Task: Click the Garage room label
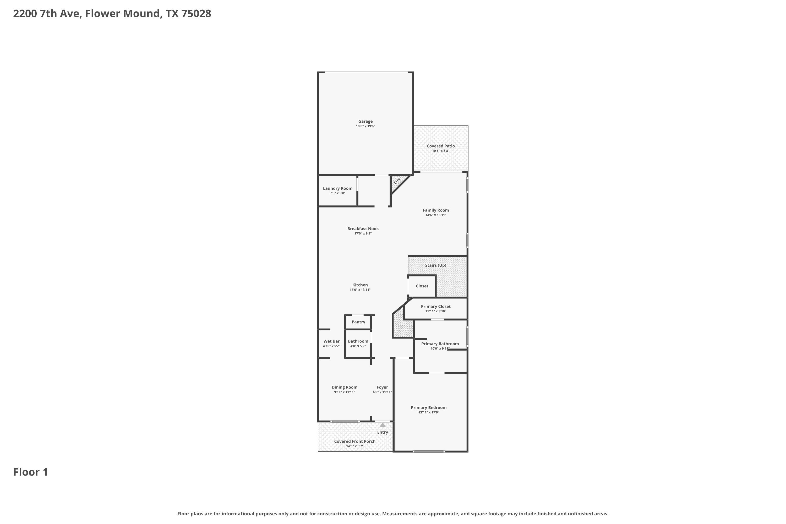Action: click(x=365, y=121)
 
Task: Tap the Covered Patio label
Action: click(x=440, y=146)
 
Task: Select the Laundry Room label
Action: click(x=337, y=188)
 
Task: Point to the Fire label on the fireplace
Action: click(x=397, y=181)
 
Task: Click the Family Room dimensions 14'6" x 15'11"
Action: click(x=436, y=215)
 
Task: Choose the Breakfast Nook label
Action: click(x=363, y=228)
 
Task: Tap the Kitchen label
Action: click(x=360, y=285)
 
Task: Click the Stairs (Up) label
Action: click(x=435, y=265)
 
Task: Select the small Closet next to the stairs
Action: click(x=422, y=286)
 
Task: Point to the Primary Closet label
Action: click(x=436, y=307)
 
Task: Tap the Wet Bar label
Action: click(x=331, y=341)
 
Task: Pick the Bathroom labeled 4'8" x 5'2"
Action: click(x=358, y=343)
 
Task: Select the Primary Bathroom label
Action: click(x=440, y=344)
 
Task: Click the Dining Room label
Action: click(x=345, y=387)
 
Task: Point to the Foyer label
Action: click(x=382, y=387)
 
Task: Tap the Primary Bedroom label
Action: click(x=429, y=408)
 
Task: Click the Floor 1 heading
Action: click(x=31, y=472)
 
